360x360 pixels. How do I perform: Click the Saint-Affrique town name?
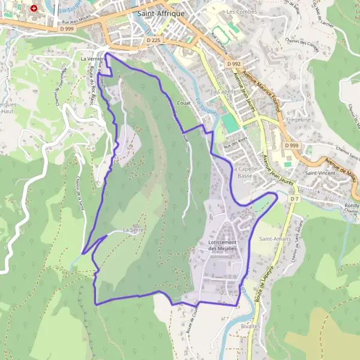tap(161, 13)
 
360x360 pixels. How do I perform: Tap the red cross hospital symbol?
tap(34, 8)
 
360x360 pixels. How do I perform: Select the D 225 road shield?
tap(154, 40)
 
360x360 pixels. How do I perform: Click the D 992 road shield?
tap(233, 63)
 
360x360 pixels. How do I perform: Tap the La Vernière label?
tap(92, 59)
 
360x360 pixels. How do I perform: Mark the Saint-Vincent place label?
tap(320, 173)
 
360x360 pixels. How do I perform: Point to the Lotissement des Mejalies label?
tap(223, 245)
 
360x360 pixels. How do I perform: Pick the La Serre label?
tap(133, 230)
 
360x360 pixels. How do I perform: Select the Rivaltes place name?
tap(250, 326)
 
